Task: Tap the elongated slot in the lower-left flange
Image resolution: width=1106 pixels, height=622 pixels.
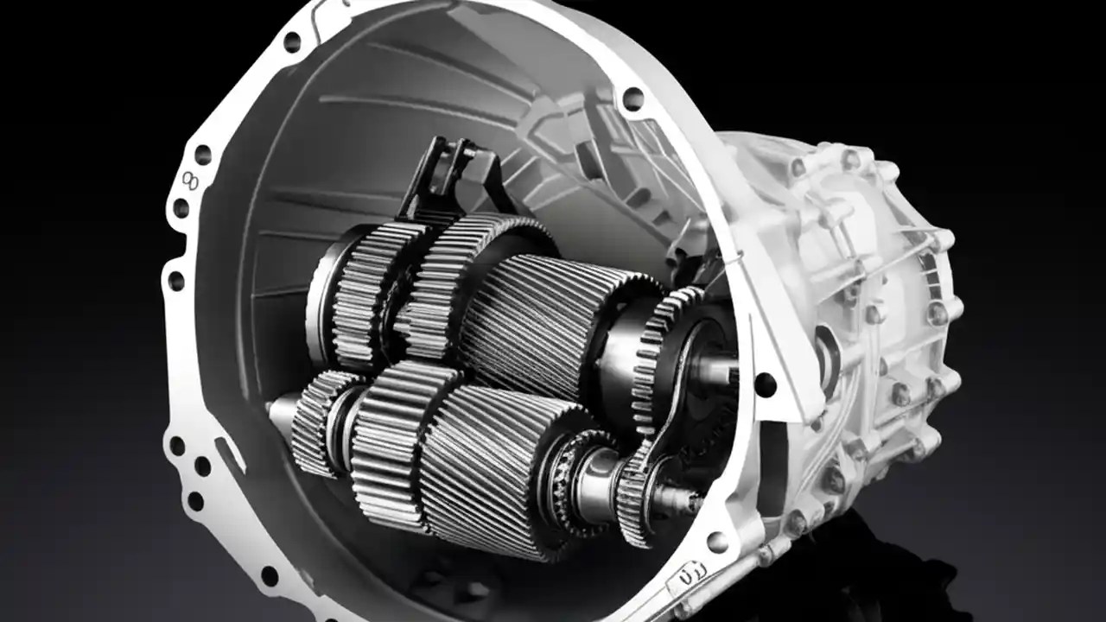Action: coord(228,454)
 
